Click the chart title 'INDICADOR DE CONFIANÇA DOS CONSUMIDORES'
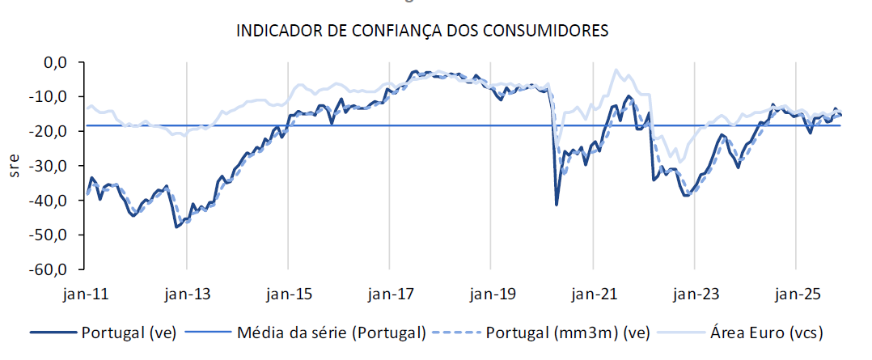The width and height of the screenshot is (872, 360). pyautogui.click(x=421, y=32)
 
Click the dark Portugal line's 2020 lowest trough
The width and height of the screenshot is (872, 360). pyautogui.click(x=557, y=204)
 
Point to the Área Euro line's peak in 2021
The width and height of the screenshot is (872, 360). pyautogui.click(x=617, y=70)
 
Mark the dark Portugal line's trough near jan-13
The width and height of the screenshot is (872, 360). pyautogui.click(x=176, y=227)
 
